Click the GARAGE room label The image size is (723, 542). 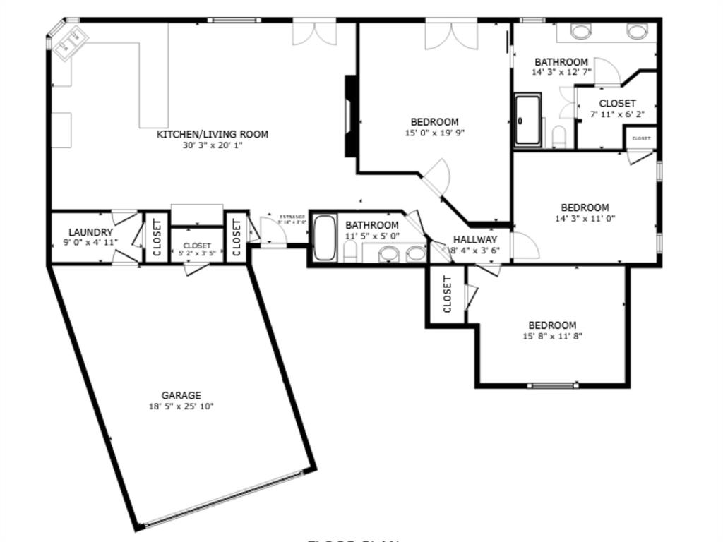click(181, 395)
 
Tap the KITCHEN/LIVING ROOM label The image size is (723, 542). click(212, 134)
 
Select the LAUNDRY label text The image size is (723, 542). click(90, 232)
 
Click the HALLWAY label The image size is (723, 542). click(475, 239)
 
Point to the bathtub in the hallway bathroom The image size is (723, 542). click(325, 239)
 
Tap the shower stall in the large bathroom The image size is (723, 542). click(527, 119)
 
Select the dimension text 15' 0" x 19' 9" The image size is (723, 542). click(434, 133)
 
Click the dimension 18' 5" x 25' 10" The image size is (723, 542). click(181, 406)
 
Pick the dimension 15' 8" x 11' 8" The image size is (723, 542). click(552, 336)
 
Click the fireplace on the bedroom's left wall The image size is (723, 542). click(351, 116)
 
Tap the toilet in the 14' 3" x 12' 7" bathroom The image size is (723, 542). click(559, 135)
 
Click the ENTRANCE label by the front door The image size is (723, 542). click(292, 217)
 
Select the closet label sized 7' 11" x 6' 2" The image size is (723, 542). click(617, 103)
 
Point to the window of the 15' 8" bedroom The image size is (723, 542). click(553, 385)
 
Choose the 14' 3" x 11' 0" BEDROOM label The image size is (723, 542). click(585, 207)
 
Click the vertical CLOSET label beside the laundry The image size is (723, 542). click(157, 237)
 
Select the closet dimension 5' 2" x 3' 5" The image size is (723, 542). click(197, 253)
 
